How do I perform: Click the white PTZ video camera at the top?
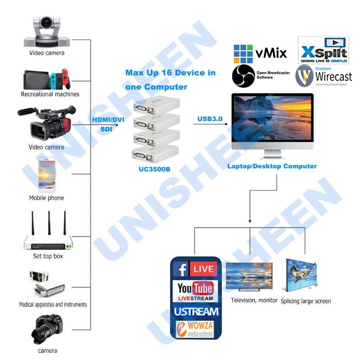[47, 31]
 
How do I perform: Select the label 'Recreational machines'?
[50, 94]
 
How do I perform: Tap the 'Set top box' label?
[48, 256]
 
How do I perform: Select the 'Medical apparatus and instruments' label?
[53, 305]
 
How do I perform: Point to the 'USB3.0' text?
[210, 119]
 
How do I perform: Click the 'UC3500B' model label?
[153, 170]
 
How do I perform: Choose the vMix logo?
[260, 53]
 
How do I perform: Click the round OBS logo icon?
[243, 76]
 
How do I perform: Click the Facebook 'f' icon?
[181, 270]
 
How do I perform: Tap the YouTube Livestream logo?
[195, 291]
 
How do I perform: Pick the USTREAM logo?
[196, 311]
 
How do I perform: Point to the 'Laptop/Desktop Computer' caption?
[272, 166]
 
